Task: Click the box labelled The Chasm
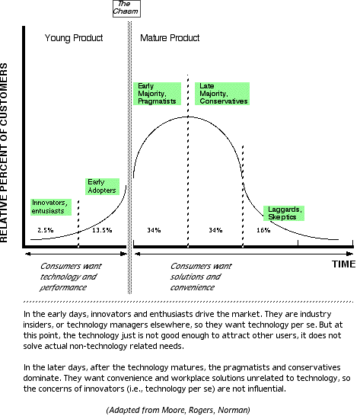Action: [x=126, y=8]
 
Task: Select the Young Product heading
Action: [x=74, y=38]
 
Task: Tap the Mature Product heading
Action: [x=170, y=38]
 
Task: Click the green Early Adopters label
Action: [x=102, y=187]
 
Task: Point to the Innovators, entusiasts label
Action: [x=51, y=207]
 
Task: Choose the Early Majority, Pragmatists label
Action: [x=157, y=94]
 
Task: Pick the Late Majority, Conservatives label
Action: [x=222, y=94]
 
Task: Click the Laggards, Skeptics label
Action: [x=284, y=213]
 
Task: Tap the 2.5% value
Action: [x=46, y=230]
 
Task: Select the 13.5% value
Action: [x=102, y=230]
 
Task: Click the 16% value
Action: [x=263, y=230]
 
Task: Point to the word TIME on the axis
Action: [x=343, y=264]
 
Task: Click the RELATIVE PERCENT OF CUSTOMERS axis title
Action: [x=4, y=152]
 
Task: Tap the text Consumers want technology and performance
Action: [x=71, y=277]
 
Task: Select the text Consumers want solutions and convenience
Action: [x=201, y=277]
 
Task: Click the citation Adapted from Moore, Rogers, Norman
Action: [x=178, y=410]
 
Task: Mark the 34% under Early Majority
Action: [x=154, y=230]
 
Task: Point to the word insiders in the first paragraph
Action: [x=40, y=325]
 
